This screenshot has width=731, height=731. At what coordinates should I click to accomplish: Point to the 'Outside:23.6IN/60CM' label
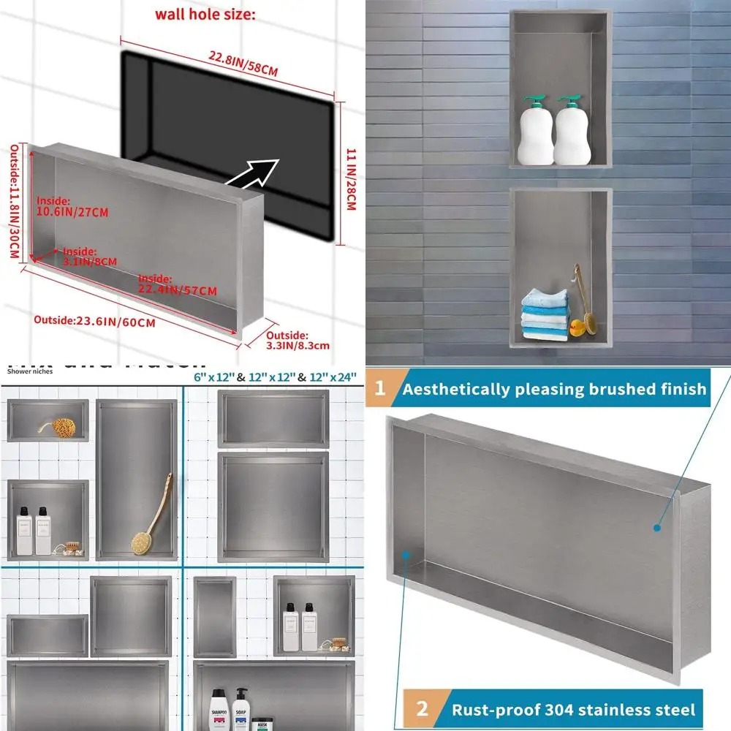point(95,321)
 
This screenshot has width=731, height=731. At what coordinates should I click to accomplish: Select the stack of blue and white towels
point(545,314)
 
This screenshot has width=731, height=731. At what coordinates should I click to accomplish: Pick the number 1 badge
point(380,388)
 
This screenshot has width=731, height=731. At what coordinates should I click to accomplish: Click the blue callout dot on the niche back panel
point(657,526)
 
